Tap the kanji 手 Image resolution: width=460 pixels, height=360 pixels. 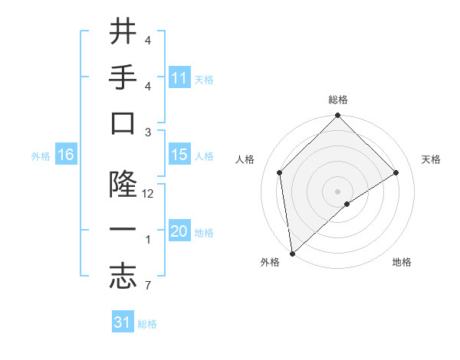point(123,78)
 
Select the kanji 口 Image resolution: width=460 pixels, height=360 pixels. point(123,125)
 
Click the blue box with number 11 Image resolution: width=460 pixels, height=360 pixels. point(179,78)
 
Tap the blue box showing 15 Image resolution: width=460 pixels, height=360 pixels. point(179,155)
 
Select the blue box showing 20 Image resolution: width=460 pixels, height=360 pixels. point(179,231)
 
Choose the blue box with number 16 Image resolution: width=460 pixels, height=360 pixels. point(65,155)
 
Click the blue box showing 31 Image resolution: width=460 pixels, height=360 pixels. point(123,322)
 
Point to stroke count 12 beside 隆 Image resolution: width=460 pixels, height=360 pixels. point(149,194)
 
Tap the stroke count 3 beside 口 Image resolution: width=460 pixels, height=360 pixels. point(147,132)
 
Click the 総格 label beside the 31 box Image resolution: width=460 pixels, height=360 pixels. point(147,324)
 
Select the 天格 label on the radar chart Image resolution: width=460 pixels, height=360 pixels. point(431,159)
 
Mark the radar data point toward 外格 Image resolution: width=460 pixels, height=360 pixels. point(292,253)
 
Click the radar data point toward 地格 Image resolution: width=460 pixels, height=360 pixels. point(347,204)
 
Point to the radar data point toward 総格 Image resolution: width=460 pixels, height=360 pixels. point(337,116)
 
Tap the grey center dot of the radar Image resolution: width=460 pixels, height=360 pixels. point(337,190)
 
